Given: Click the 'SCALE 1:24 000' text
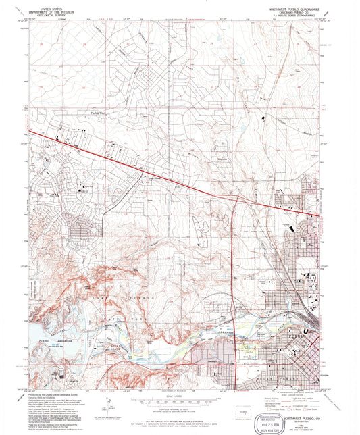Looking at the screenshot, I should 180,395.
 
